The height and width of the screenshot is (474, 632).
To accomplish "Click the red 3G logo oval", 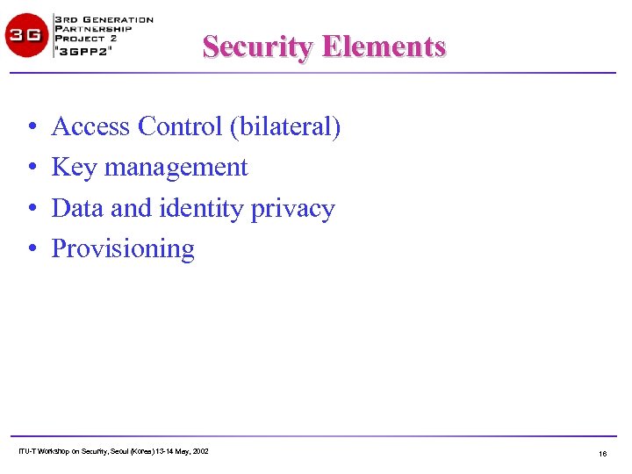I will click(x=26, y=36).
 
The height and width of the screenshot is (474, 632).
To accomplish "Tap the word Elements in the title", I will click(x=384, y=47).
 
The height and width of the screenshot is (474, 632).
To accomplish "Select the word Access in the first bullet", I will click(x=91, y=127).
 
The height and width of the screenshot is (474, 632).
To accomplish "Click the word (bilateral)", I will click(x=285, y=128).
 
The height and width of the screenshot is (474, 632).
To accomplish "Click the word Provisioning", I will click(x=123, y=249).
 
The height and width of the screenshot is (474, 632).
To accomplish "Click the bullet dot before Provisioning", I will click(x=31, y=250).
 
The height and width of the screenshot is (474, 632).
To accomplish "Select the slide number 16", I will click(x=602, y=454).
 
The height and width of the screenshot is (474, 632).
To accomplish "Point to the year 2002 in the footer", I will click(x=199, y=451).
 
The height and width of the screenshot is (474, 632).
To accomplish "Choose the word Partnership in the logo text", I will click(x=93, y=29).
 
